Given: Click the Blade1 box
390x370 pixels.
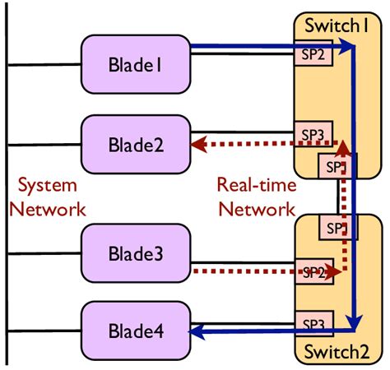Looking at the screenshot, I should point(136,64).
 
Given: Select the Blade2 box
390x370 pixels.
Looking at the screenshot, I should point(136,145).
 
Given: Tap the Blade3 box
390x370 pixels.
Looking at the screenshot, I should point(136,255).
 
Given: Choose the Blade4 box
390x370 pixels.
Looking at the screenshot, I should point(136,331).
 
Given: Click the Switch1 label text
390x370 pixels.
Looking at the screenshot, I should point(337,25).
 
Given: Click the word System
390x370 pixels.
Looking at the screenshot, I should point(47,185).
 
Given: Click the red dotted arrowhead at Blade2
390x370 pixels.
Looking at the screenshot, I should point(197,146).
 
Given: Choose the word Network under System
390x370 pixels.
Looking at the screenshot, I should point(47,208).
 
